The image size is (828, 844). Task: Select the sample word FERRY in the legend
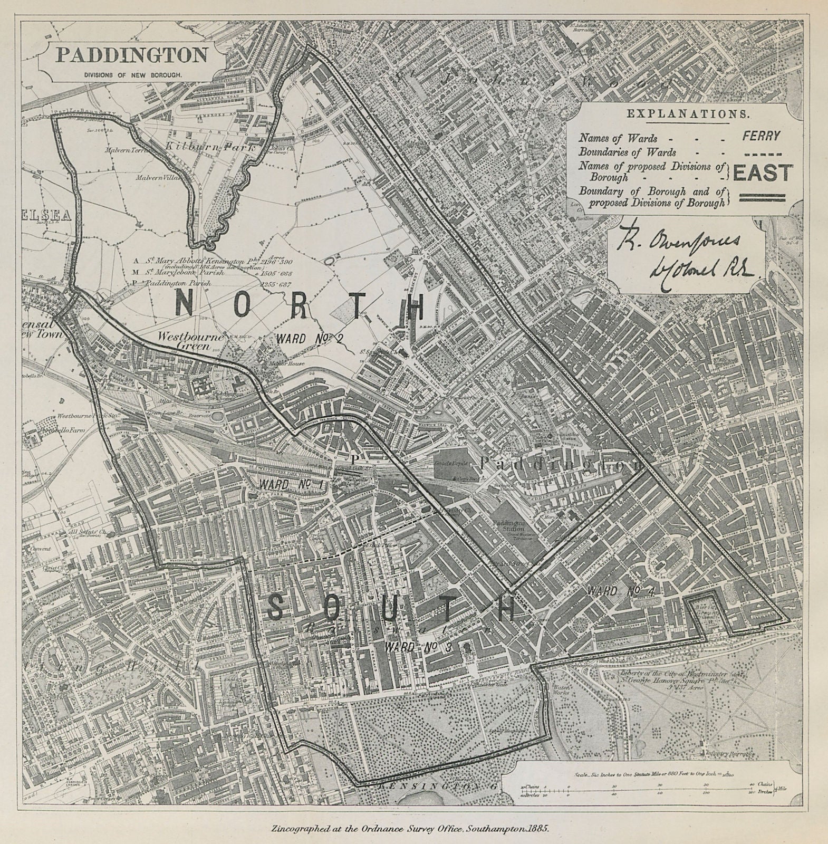pyautogui.click(x=761, y=136)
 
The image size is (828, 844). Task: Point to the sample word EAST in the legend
pyautogui.click(x=763, y=173)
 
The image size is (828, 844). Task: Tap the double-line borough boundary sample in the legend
pyautogui.click(x=763, y=198)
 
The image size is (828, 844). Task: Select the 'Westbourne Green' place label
pyautogui.click(x=191, y=341)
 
